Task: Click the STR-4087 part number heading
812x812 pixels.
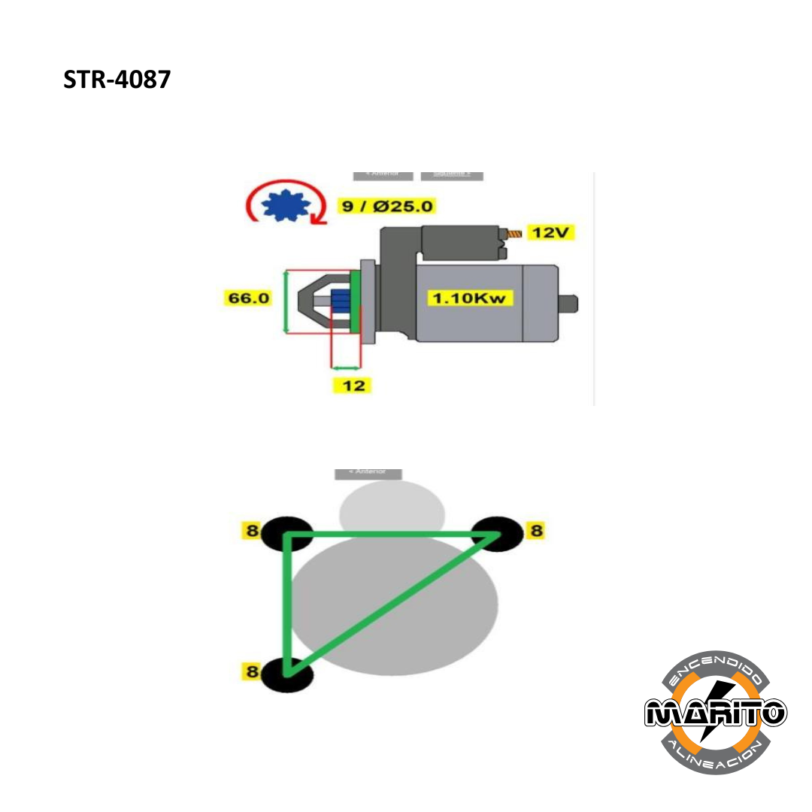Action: click(117, 80)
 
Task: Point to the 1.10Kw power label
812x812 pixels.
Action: click(471, 298)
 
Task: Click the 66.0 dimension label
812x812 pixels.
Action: click(248, 298)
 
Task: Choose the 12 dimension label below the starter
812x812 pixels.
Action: click(353, 386)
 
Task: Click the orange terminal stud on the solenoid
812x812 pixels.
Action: click(515, 234)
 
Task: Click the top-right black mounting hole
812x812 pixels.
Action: click(498, 533)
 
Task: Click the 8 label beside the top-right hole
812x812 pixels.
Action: click(535, 532)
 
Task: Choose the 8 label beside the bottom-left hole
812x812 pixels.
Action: click(252, 671)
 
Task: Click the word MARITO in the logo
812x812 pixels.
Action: click(715, 711)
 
